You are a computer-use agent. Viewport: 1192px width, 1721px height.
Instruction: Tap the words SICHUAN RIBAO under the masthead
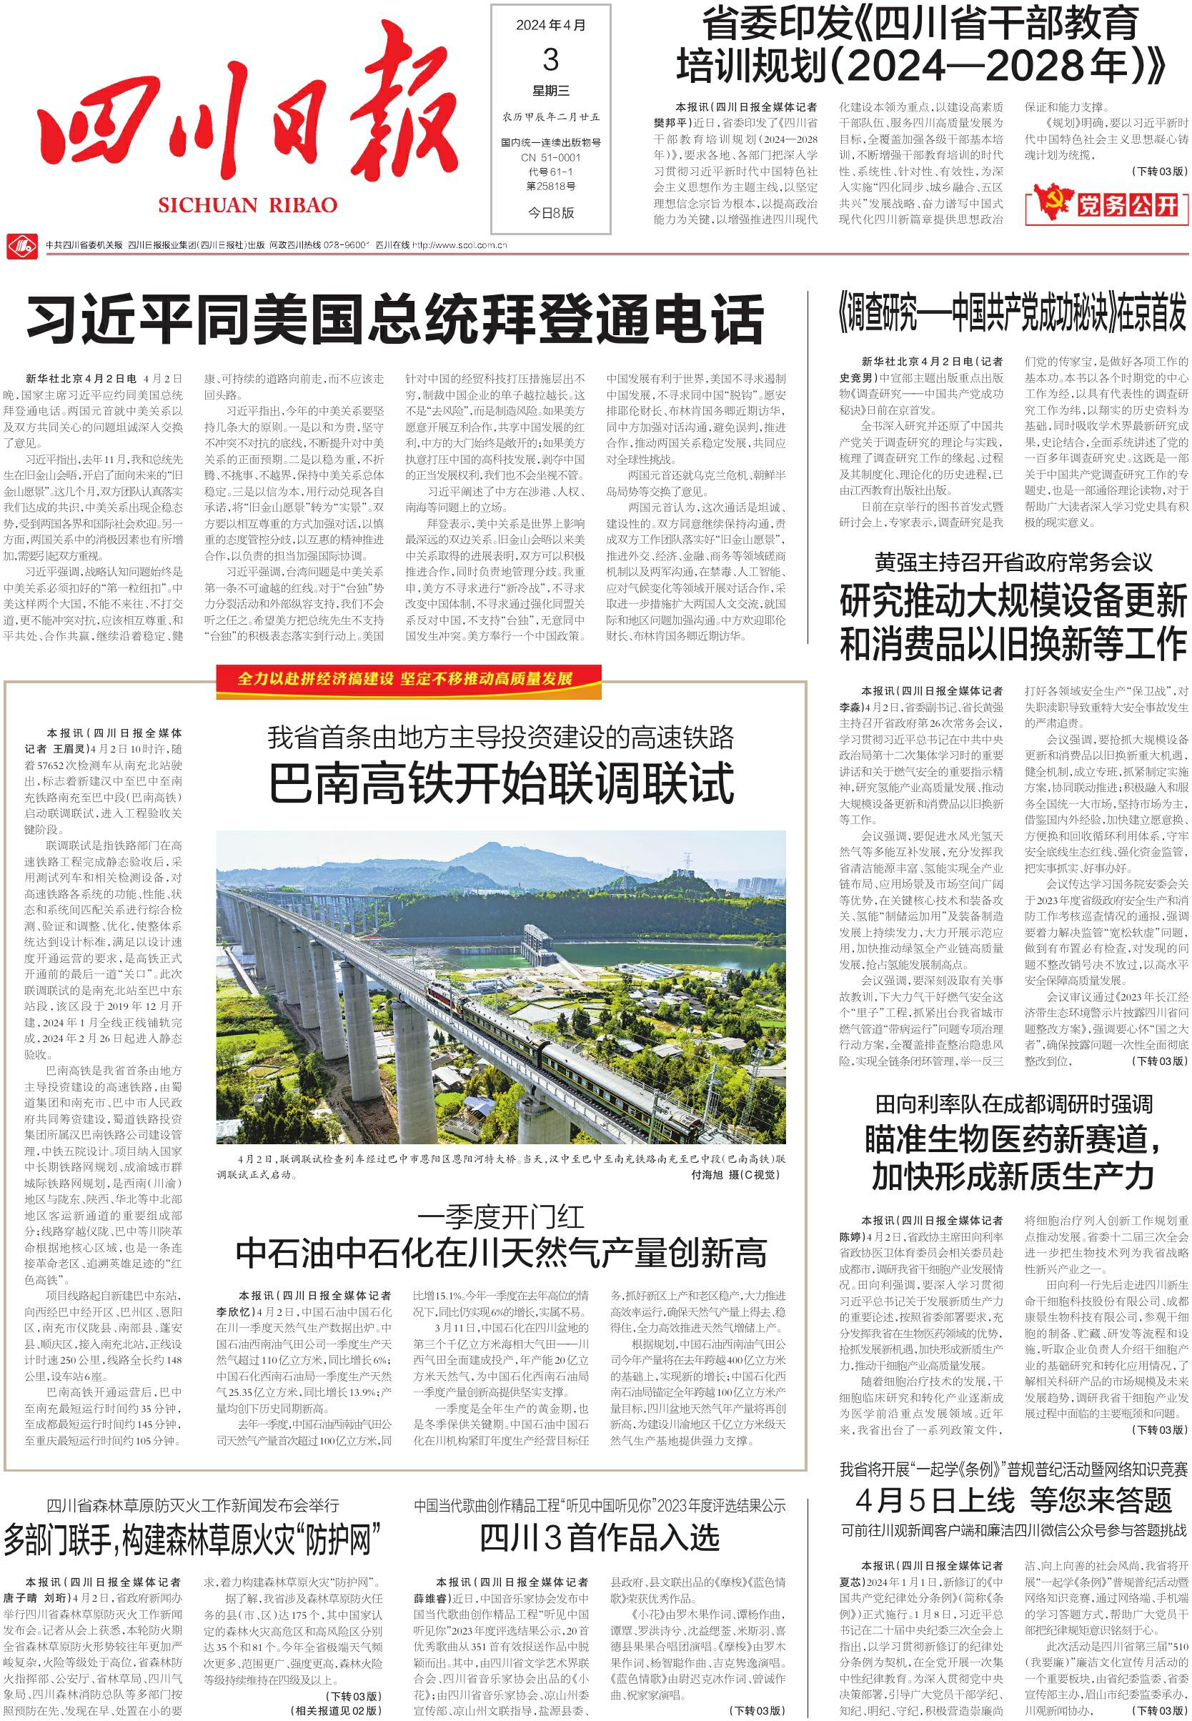click(x=247, y=205)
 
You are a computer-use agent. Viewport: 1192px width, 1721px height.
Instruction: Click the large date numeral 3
click(x=550, y=59)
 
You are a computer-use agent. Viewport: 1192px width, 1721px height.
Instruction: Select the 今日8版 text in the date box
click(x=550, y=213)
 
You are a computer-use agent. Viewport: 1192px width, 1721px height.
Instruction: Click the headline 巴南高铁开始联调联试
click(x=501, y=783)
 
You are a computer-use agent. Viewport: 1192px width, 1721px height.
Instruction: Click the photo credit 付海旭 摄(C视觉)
click(x=735, y=1175)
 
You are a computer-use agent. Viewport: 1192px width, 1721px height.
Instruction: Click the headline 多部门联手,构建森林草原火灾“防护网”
click(x=192, y=1539)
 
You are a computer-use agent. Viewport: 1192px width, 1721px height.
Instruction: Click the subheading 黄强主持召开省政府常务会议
click(x=1013, y=562)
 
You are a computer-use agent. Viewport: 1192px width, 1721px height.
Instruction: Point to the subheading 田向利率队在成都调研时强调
click(x=1013, y=1104)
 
